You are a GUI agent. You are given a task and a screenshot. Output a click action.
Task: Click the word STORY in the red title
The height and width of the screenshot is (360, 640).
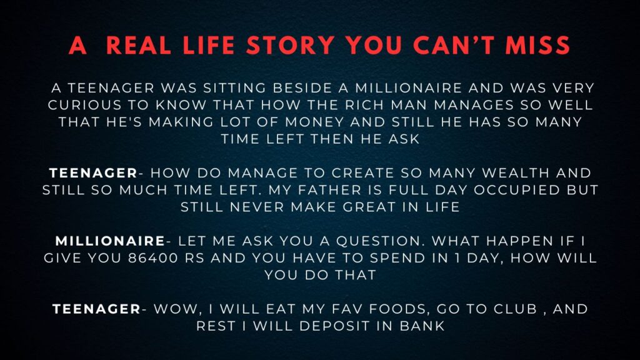tap(290, 45)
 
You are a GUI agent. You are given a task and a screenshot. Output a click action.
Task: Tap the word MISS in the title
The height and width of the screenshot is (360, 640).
tap(537, 45)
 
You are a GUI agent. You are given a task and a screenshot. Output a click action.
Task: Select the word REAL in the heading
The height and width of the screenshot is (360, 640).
tap(138, 45)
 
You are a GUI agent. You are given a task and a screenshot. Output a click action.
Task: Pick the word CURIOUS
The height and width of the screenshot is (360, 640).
tap(84, 105)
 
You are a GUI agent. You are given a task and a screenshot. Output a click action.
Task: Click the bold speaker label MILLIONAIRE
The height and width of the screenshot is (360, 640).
tap(110, 241)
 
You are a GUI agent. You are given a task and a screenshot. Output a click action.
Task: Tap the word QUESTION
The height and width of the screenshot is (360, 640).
tap(378, 241)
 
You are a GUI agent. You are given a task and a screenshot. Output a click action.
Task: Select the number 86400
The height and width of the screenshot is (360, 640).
tap(153, 258)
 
